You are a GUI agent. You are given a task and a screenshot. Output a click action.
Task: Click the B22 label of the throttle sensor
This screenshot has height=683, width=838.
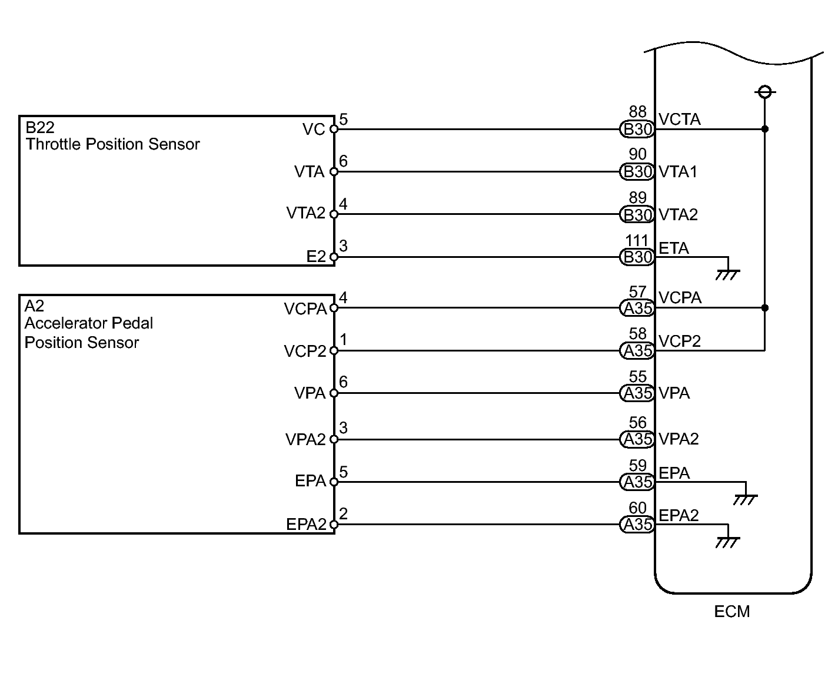[x=40, y=128]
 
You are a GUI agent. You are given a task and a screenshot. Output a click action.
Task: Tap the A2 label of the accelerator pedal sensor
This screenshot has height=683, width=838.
[x=34, y=306]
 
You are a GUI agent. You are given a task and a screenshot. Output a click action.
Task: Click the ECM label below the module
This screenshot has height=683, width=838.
[x=731, y=611]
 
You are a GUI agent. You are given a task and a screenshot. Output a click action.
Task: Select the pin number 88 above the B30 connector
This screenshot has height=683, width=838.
[x=637, y=112]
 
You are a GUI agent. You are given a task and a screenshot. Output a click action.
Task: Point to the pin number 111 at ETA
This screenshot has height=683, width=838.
[x=637, y=241]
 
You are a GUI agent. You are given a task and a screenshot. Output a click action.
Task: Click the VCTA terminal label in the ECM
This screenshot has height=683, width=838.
[x=680, y=120]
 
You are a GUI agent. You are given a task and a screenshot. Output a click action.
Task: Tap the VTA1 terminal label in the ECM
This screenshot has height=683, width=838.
[x=678, y=172]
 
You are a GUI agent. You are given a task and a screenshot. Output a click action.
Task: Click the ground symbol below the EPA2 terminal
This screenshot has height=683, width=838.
[x=727, y=542]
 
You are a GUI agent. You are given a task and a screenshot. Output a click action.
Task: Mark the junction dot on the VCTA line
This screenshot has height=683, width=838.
[x=765, y=129]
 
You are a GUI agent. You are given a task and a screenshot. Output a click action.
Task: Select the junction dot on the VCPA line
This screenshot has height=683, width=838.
[x=765, y=308]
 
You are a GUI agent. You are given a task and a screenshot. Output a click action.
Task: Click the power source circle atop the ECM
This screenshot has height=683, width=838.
[x=765, y=92]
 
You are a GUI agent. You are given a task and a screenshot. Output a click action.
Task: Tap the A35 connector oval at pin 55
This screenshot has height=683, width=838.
[x=637, y=393]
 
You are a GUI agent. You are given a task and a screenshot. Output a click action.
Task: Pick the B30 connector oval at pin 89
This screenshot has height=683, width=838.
[x=637, y=214]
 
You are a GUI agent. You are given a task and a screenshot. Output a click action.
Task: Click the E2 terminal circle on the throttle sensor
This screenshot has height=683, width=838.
[x=334, y=257]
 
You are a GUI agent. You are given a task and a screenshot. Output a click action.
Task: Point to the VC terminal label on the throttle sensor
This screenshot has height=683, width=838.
[x=314, y=130]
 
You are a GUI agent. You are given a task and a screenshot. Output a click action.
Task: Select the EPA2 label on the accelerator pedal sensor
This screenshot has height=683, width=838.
[x=306, y=525]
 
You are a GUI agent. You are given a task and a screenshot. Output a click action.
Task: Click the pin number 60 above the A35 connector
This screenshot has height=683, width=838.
[x=637, y=508]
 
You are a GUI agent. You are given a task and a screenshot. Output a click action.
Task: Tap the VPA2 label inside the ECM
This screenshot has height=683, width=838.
[x=679, y=439]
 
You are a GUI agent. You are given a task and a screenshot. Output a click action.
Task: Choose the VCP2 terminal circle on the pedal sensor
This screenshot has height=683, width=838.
[x=334, y=350]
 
